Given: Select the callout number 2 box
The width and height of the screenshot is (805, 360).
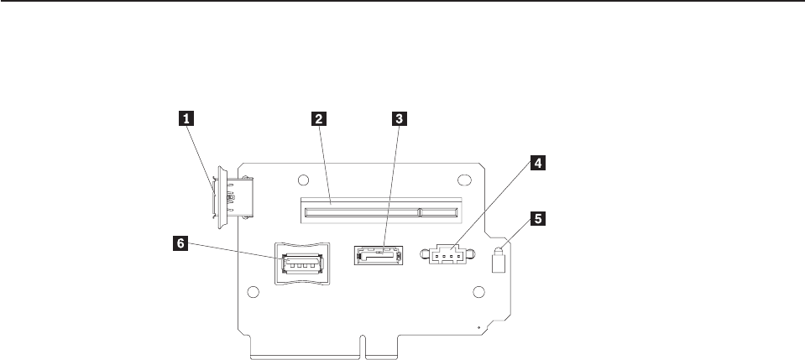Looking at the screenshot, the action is click(318, 119).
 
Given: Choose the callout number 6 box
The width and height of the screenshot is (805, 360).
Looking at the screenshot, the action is click(180, 245).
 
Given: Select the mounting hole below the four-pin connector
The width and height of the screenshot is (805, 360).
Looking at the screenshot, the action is click(478, 292).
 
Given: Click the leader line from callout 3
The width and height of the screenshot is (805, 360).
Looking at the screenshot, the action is click(391, 185).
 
